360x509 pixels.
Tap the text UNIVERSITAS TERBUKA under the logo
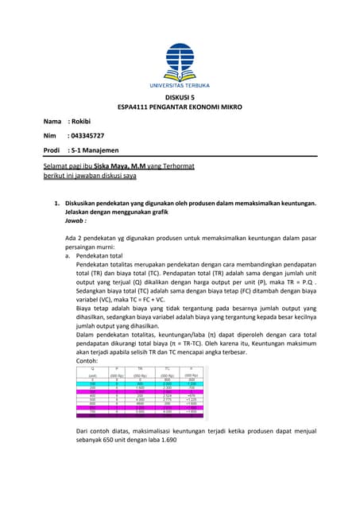179,83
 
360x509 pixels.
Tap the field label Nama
52,122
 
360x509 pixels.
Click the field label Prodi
52,150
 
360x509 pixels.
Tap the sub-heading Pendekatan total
101,258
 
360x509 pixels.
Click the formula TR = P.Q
302,279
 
